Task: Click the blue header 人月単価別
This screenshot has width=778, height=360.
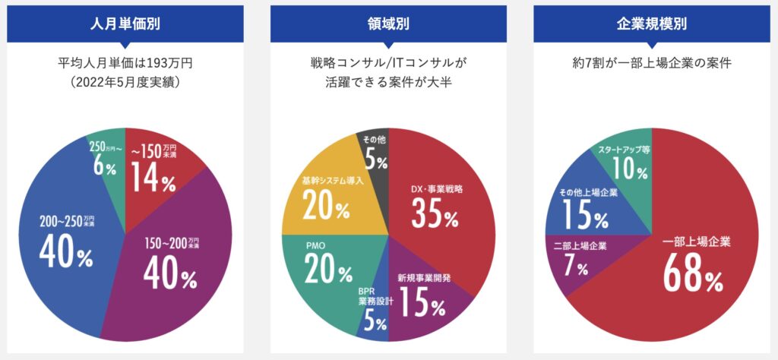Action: tap(125, 23)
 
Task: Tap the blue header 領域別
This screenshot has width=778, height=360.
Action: tap(388, 23)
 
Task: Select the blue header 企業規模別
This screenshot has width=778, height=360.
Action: tap(651, 23)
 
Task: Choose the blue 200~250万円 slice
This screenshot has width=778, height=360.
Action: tap(61, 251)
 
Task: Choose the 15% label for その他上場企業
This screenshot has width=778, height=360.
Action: tap(584, 216)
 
